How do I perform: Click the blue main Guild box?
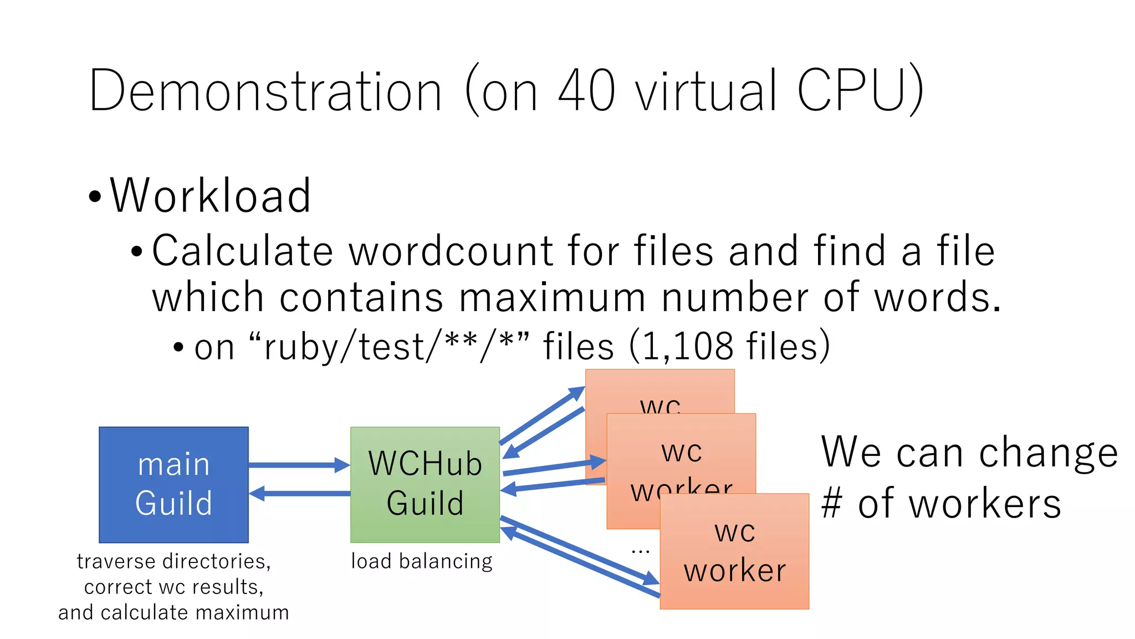173,484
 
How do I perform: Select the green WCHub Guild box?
425,484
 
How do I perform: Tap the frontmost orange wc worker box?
734,551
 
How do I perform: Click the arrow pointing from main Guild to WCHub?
299,465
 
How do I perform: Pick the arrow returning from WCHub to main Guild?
299,493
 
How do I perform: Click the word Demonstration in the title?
265,90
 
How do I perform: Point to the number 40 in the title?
586,90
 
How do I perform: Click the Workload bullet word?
210,195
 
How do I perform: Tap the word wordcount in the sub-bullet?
451,251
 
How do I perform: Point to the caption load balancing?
421,561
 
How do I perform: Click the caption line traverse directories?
173,561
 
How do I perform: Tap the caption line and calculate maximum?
173,612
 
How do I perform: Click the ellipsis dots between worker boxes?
640,551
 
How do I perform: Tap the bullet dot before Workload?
95,197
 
